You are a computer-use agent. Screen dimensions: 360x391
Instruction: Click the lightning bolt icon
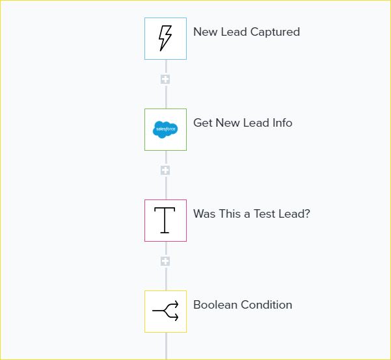165,38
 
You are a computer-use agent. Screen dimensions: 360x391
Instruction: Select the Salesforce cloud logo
165,129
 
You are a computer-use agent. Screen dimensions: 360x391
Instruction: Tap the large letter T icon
165,220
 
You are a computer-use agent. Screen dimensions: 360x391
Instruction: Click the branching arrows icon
165,311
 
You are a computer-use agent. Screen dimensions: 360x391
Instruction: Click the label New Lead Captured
247,32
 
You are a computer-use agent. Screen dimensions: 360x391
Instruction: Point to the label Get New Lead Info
243,123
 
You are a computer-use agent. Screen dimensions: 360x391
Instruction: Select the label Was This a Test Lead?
251,214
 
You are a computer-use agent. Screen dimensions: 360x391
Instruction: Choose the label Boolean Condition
243,305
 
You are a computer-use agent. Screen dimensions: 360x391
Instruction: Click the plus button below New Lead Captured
165,79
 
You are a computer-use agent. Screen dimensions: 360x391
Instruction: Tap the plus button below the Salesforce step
165,170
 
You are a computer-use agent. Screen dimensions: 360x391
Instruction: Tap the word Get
203,123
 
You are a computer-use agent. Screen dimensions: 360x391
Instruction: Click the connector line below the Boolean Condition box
166,346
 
